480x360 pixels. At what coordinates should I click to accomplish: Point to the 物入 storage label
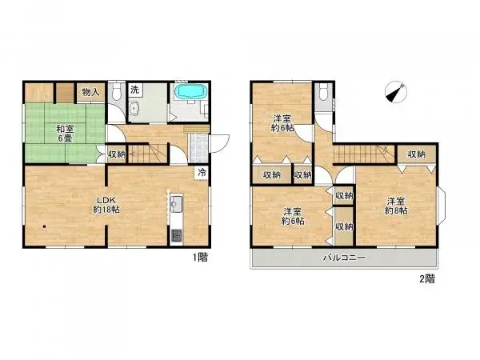tap(91, 92)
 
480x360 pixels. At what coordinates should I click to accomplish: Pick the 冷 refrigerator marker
tap(202, 171)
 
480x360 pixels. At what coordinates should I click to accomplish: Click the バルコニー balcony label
tap(345, 258)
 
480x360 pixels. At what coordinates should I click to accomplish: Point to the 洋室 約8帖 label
tap(397, 206)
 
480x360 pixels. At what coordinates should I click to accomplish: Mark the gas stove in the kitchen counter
tap(177, 235)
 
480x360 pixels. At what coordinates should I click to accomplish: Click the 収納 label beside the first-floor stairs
tap(117, 154)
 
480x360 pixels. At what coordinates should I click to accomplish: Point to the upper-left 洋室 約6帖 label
tap(282, 122)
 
